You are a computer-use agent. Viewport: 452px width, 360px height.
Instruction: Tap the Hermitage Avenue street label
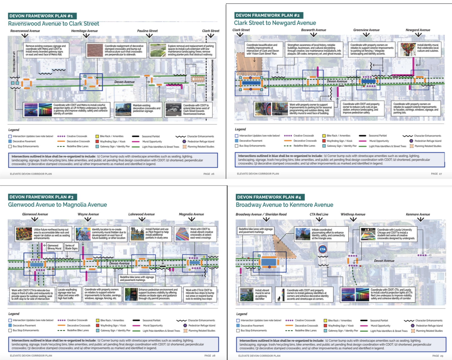point(84,31)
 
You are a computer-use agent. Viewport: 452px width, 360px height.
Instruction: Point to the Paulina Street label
point(147,31)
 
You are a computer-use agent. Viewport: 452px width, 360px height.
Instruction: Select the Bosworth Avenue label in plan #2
point(314,30)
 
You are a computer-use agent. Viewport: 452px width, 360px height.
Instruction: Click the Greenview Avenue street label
point(366,30)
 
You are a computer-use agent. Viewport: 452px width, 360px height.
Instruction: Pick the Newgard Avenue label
point(418,30)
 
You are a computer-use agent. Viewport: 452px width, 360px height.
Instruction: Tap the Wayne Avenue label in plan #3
point(88,214)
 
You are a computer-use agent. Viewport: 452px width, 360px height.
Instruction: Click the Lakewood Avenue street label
point(141,214)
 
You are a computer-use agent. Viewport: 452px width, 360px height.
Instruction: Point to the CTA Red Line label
point(319,215)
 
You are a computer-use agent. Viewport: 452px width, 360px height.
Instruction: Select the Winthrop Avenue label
point(353,215)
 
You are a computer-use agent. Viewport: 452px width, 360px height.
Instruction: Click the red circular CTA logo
point(322,249)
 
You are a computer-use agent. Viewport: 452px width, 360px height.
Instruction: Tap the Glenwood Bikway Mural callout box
point(54,247)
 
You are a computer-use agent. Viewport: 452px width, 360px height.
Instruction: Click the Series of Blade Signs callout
point(71,247)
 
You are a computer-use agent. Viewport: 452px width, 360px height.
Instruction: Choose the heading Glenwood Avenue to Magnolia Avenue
point(57,205)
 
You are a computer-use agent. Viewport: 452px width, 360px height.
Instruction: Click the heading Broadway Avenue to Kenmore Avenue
point(284,205)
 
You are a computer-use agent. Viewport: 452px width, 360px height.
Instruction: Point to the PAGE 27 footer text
point(436,174)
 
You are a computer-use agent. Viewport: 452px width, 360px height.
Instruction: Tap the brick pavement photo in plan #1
point(95,50)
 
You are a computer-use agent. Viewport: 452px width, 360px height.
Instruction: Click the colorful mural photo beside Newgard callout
point(408,49)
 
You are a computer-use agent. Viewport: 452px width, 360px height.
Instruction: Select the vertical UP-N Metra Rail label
point(14,62)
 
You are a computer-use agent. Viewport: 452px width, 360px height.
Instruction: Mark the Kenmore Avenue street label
point(418,215)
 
